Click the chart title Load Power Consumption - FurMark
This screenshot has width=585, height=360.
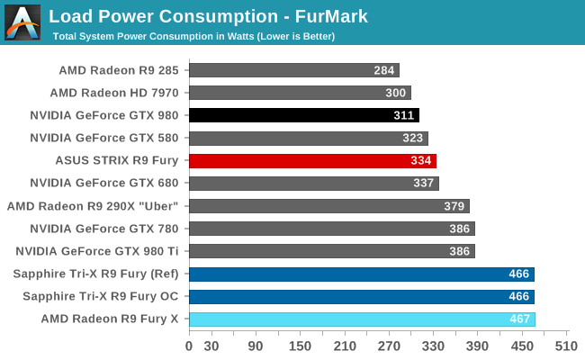click(x=208, y=16)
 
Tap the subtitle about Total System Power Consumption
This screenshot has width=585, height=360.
click(x=193, y=36)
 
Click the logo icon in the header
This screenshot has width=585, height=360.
click(x=22, y=22)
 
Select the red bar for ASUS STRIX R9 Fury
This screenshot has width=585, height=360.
click(x=312, y=160)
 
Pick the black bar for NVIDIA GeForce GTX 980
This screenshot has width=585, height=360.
click(x=304, y=115)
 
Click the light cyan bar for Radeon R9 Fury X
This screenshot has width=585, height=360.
click(x=362, y=319)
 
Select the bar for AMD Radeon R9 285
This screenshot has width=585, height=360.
click(x=294, y=70)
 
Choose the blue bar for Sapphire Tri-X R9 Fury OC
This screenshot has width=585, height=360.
click(x=362, y=296)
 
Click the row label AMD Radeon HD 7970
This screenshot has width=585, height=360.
click(x=114, y=93)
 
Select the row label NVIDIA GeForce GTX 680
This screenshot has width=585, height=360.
click(x=104, y=183)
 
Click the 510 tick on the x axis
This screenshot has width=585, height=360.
click(x=566, y=345)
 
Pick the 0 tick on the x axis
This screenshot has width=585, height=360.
click(x=189, y=345)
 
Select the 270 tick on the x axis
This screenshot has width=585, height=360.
click(x=389, y=345)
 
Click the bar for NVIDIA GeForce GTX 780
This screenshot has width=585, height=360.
click(x=331, y=229)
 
